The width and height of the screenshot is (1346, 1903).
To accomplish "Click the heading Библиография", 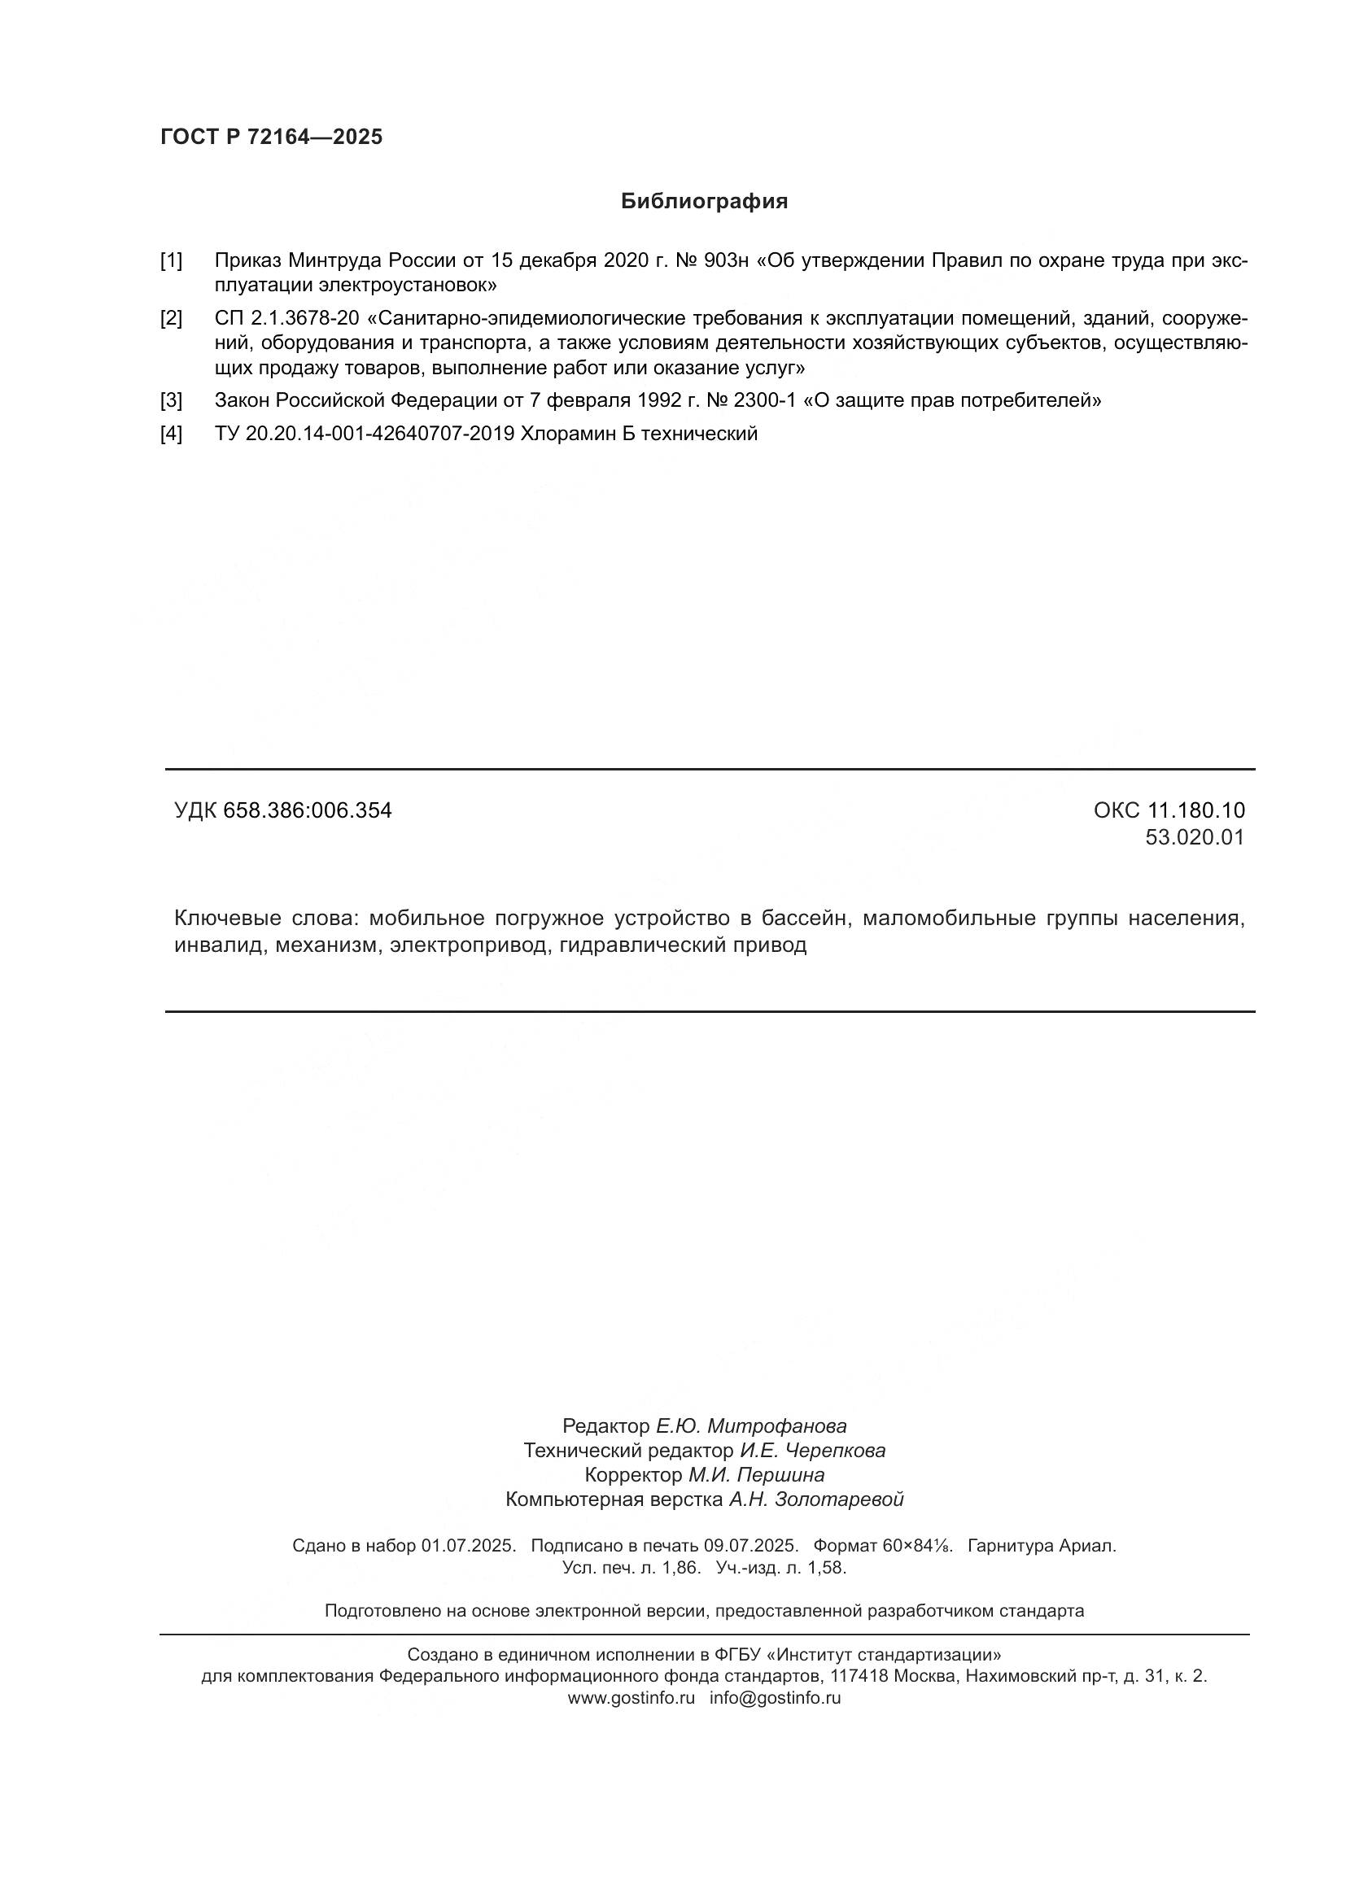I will (x=704, y=202).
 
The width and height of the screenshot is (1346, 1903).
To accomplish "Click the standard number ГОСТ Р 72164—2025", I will (x=272, y=137).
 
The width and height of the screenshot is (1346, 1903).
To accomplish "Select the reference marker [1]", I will (x=171, y=261).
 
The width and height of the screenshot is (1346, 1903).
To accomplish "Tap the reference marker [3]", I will (x=171, y=401).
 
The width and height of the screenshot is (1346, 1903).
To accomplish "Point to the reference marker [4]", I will (x=171, y=434).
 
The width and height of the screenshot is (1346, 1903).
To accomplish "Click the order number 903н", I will (x=725, y=261).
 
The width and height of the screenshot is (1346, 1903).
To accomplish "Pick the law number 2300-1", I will (x=762, y=401).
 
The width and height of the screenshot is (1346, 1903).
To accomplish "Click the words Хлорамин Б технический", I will (x=638, y=434).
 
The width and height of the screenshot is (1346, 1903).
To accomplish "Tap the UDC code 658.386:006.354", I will (x=308, y=810).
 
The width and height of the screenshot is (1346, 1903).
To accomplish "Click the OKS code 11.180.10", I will (x=1196, y=810).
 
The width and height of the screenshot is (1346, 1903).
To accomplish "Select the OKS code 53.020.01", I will (x=1195, y=837).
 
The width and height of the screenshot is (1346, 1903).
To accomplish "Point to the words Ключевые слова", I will (x=265, y=919).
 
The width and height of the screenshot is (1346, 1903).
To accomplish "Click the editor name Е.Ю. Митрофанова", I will (x=751, y=1426).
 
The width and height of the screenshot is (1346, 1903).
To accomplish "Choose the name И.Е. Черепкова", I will (x=812, y=1451).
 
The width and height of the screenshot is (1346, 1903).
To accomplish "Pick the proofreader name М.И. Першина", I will (x=756, y=1475).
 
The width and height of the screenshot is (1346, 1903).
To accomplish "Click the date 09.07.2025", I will (x=751, y=1546).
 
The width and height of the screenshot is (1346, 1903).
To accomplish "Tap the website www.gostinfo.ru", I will (x=631, y=1697).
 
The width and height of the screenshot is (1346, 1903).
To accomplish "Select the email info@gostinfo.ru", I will (x=775, y=1697).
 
